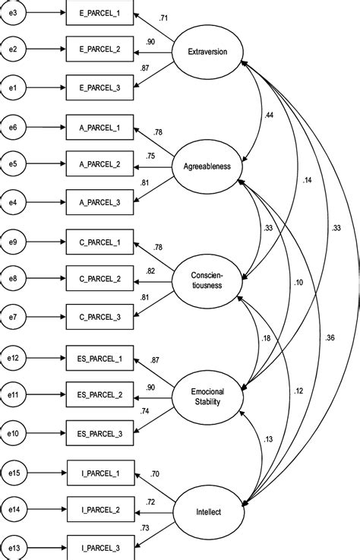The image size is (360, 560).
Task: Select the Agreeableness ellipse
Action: [207, 165]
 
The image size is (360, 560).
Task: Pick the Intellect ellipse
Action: [207, 511]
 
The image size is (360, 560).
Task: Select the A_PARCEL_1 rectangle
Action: [101, 127]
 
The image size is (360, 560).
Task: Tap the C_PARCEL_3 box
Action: [101, 315]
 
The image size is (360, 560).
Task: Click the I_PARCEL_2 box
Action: [101, 505]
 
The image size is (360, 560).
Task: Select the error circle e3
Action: [13, 14]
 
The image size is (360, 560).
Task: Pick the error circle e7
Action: [13, 315]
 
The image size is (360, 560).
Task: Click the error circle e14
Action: [14, 505]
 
